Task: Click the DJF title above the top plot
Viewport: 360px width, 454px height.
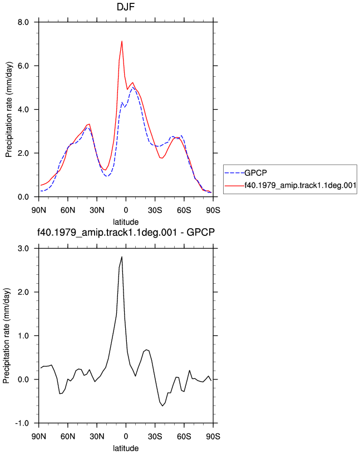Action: tap(126, 7)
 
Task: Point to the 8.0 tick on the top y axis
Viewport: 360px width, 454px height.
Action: tap(23, 22)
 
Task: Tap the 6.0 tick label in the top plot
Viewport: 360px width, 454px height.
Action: tap(23, 66)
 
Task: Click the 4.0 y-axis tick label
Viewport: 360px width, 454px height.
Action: tap(23, 110)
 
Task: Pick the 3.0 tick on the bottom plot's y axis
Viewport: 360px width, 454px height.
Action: tap(23, 249)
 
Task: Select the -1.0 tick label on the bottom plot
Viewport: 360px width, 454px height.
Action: tap(22, 423)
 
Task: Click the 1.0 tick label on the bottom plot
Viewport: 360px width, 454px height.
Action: tap(23, 336)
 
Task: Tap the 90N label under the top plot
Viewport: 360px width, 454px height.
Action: tap(38, 210)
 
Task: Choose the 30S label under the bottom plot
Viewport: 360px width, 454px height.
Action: tap(155, 436)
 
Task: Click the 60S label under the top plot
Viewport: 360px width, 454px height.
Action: tap(184, 210)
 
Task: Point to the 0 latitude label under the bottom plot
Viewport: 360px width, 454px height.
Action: tap(126, 436)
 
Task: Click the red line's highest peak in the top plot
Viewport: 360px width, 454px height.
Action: tap(122, 41)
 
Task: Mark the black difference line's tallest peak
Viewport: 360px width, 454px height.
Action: tap(122, 256)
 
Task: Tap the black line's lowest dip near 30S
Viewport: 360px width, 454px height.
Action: tap(162, 406)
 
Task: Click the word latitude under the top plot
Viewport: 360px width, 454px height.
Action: tap(126, 222)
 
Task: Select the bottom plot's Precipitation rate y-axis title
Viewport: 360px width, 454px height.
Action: tap(7, 336)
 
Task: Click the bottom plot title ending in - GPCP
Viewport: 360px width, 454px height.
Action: tap(126, 232)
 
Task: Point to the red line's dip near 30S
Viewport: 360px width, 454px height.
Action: tap(162, 158)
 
